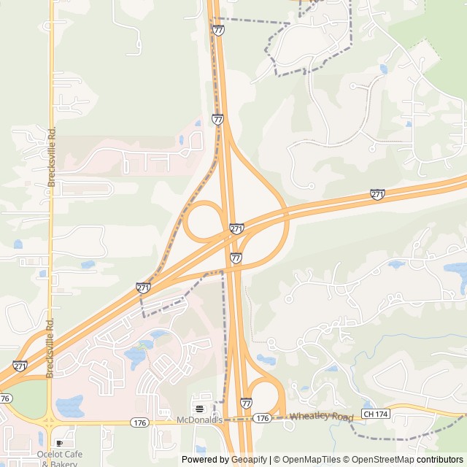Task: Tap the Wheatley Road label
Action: (320, 417)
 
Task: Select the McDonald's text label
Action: (198, 420)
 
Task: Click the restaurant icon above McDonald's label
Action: (198, 408)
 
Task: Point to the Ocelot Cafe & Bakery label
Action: (60, 458)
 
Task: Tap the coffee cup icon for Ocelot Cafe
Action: (60, 443)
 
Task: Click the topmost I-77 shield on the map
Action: (219, 30)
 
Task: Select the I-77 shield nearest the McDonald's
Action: (246, 403)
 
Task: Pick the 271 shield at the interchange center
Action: (236, 229)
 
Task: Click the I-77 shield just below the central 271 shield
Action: (236, 258)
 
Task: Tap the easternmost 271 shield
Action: (377, 194)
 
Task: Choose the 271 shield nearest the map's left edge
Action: (20, 366)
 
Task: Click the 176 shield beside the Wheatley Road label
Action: (263, 418)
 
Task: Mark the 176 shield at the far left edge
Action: (5, 398)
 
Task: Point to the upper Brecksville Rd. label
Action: (52, 157)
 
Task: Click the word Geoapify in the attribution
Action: (248, 460)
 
